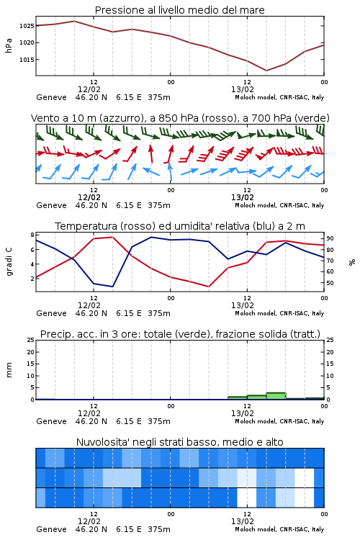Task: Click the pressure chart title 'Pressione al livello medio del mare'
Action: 179,10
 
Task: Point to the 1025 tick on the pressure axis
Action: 27,26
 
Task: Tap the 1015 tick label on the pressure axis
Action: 27,60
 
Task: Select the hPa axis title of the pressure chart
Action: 9,45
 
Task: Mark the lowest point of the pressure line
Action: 266,71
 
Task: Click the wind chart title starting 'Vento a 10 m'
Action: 180,118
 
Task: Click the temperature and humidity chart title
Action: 180,226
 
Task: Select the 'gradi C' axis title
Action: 9,262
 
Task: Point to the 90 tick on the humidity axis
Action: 330,238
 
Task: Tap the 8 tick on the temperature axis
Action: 32,235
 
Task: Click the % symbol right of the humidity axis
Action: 352,262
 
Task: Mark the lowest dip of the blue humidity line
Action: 112,287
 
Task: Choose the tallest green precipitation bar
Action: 276,396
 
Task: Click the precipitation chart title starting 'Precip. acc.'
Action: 180,334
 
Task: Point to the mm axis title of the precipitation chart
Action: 9,370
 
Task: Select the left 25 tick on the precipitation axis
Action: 31,340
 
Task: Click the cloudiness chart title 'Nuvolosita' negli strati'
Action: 179,442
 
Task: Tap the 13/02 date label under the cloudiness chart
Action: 243,521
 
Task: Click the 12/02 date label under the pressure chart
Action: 89,89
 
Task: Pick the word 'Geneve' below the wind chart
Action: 51,205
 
